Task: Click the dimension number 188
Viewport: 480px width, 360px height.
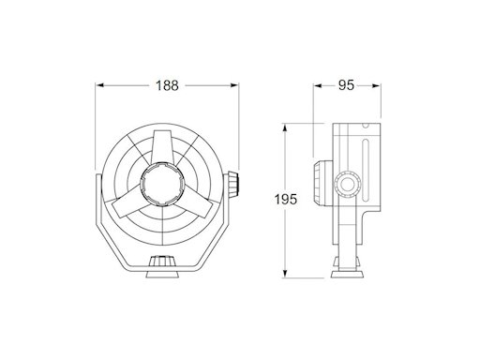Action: (166, 86)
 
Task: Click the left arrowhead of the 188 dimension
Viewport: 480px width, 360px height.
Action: (99, 86)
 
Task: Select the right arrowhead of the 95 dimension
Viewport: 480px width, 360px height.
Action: (382, 86)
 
